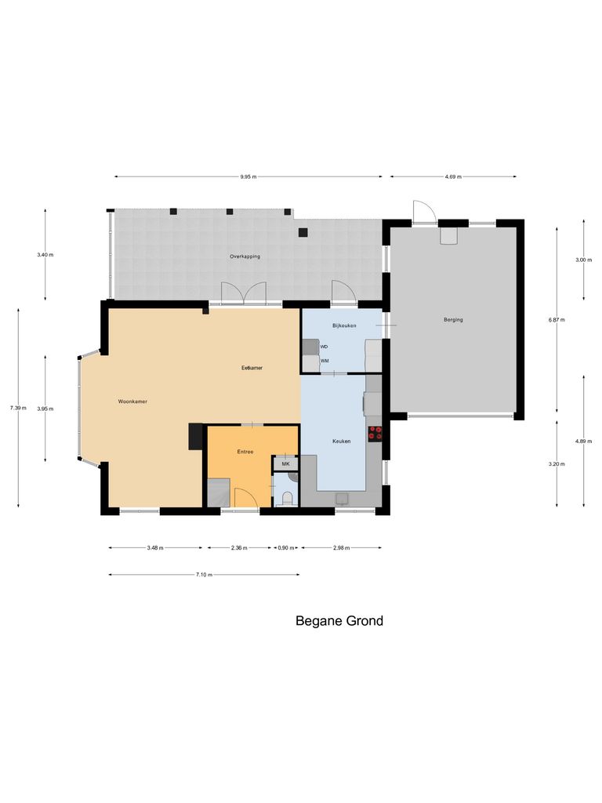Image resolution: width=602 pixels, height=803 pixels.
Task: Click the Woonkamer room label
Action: pos(132,401)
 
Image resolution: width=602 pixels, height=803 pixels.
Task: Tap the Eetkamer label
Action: pos(251,368)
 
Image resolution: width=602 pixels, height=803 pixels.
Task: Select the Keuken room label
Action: pos(341,441)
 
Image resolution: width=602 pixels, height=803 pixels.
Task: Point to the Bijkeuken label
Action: pos(344,325)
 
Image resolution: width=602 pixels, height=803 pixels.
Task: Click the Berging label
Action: pos(453,320)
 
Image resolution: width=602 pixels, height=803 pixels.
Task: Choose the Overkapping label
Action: pos(245,256)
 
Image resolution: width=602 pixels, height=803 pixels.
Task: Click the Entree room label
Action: pos(245,452)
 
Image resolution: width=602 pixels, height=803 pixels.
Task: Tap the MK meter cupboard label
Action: pos(285,464)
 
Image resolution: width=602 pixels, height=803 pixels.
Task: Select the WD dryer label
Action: pos(324,346)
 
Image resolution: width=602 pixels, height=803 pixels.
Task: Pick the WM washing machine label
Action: pos(325,361)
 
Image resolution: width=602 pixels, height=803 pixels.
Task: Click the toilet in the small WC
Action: pos(287,497)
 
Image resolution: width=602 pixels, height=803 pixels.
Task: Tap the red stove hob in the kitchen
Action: pos(375,433)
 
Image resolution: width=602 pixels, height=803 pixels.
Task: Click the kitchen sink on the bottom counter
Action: pos(342,498)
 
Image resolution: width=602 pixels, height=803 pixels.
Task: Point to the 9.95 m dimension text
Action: pos(249,177)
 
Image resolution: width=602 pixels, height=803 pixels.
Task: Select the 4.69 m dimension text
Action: pos(453,177)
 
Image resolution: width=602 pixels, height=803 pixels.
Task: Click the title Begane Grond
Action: pos(339,621)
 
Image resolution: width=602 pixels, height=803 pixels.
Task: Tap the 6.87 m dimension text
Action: pos(557,320)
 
